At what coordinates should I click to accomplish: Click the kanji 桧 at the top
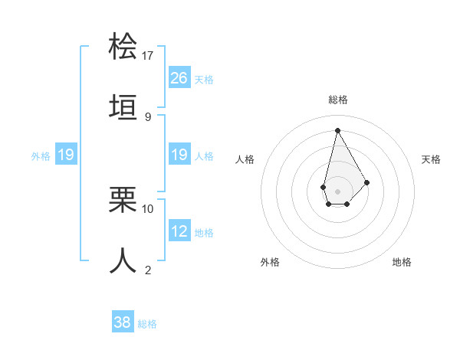(123, 46)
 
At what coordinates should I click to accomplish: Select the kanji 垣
(123, 108)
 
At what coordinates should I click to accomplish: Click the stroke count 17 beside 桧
(148, 56)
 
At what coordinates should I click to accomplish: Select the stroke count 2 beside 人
(148, 270)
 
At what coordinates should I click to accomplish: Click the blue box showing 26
(179, 77)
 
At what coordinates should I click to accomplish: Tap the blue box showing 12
(179, 231)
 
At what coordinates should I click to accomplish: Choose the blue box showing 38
(123, 322)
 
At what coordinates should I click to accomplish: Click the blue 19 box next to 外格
(65, 155)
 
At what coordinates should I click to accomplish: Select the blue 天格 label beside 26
(204, 79)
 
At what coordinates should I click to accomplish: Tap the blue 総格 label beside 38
(147, 324)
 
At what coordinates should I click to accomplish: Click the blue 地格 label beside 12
(204, 233)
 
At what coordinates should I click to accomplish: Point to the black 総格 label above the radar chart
(337, 100)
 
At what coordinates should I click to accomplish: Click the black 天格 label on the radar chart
(432, 159)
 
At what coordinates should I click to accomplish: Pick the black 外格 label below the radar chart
(270, 262)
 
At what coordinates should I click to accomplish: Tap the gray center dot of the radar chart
(337, 190)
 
